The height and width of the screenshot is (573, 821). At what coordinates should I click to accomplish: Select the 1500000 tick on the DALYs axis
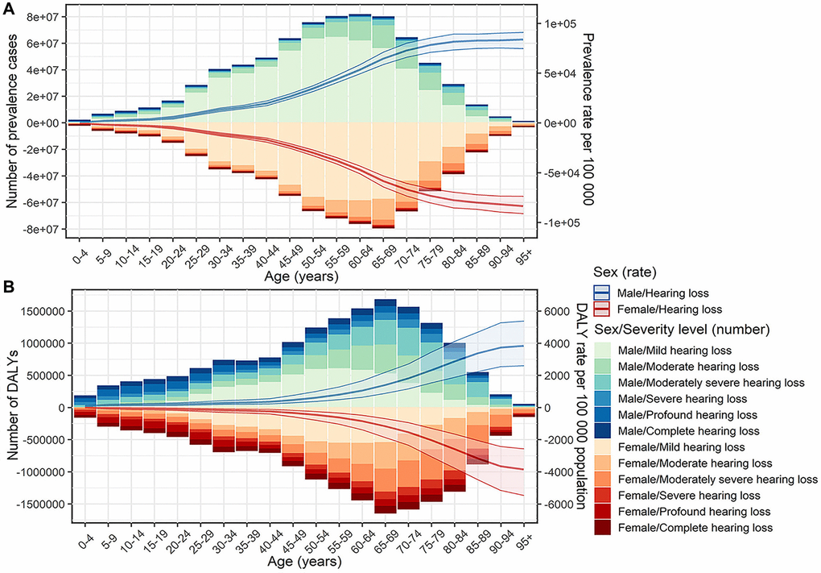tap(41, 310)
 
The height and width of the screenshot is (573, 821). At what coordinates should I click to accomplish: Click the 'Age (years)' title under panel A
tap(301, 276)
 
